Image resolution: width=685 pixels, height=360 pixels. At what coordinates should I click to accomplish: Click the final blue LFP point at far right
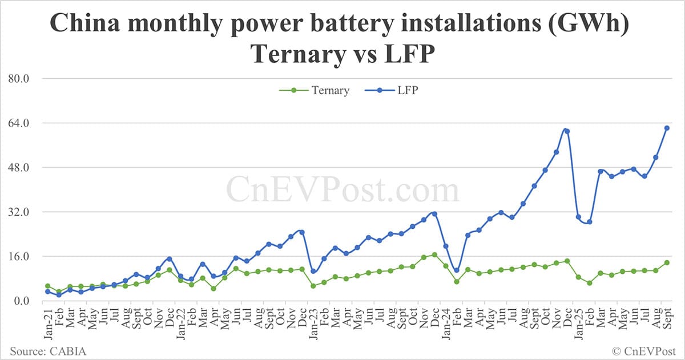point(667,128)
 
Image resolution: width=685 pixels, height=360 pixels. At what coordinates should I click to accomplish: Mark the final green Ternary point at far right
point(667,262)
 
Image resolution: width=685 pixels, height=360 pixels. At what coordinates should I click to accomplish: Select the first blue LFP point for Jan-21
point(48,292)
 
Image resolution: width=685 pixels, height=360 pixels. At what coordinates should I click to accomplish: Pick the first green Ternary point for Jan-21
point(48,286)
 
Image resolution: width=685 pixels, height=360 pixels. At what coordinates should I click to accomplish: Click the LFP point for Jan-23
point(313,272)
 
